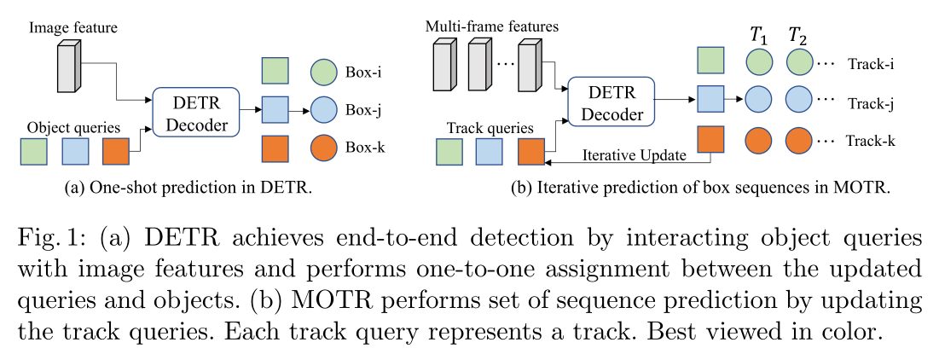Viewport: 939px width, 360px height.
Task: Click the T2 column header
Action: tap(798, 36)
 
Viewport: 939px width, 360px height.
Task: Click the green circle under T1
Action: tap(758, 61)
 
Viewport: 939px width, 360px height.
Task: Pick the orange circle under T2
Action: tap(798, 138)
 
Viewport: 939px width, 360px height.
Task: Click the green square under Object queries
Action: tap(33, 151)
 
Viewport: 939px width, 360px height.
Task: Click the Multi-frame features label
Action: tap(491, 26)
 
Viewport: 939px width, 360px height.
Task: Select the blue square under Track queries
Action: tap(490, 151)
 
